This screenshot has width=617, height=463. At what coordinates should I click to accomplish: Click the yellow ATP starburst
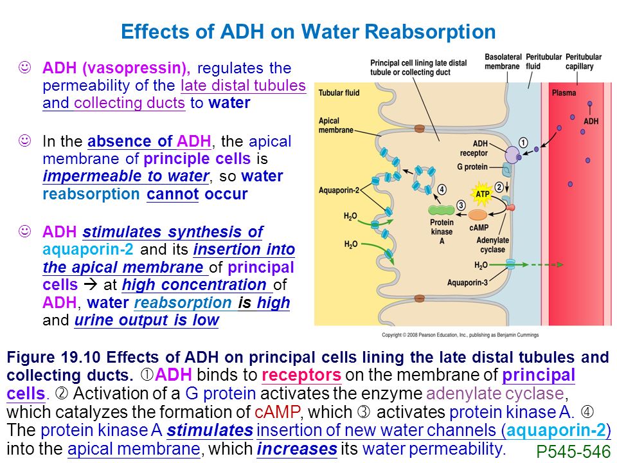(x=482, y=194)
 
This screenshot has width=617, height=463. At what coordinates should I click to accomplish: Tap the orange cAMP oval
(x=478, y=215)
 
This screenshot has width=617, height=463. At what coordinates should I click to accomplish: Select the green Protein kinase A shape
(x=441, y=210)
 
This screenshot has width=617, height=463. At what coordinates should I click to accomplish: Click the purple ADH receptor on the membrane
(x=512, y=155)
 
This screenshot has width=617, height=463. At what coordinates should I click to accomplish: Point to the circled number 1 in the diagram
(x=523, y=143)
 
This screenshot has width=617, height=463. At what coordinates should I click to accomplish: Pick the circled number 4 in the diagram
(x=442, y=190)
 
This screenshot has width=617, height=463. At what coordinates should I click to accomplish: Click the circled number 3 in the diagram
(x=461, y=205)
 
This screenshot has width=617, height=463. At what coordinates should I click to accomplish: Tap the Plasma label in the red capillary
(x=564, y=93)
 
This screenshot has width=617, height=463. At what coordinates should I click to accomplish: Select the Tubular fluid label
(x=339, y=93)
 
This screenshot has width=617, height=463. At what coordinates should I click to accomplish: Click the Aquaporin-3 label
(x=467, y=282)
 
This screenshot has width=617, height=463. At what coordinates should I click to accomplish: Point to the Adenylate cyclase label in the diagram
(x=492, y=244)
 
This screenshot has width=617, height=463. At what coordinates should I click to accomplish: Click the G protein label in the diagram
(x=472, y=167)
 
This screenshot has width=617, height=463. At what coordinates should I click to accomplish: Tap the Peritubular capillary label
(x=583, y=62)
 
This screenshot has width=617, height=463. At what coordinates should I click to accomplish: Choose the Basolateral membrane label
(x=503, y=62)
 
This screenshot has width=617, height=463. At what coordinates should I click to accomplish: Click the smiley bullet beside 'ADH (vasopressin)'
(x=25, y=68)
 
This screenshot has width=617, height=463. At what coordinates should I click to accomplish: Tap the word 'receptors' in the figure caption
(x=301, y=375)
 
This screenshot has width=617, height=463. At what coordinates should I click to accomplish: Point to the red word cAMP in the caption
(x=278, y=412)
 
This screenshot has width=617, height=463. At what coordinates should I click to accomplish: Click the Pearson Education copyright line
(x=460, y=335)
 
